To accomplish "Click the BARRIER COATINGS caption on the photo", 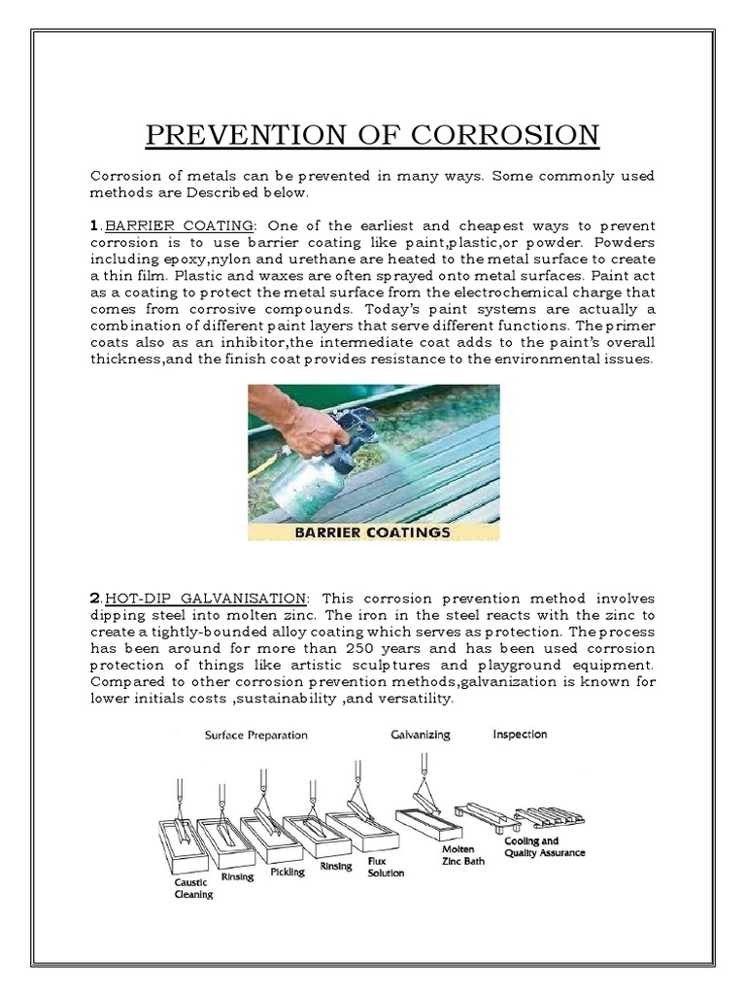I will (x=373, y=532).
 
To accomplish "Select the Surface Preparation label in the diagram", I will (x=255, y=736).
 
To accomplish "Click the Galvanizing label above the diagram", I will (x=419, y=735).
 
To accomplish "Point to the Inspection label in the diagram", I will (x=520, y=735).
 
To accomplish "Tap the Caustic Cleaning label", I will (x=192, y=888).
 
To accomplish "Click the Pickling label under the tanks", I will (x=287, y=872).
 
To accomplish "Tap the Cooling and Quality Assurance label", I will (x=544, y=846).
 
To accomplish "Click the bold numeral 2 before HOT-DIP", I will (x=94, y=598).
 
